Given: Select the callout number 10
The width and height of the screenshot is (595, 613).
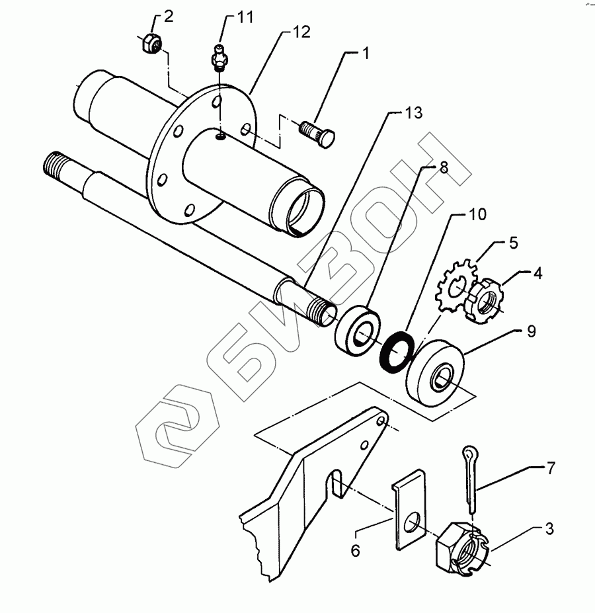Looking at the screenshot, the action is click(x=477, y=214).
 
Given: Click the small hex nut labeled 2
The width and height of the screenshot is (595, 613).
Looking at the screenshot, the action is click(x=150, y=43).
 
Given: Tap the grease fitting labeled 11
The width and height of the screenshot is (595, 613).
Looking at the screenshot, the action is click(x=219, y=57).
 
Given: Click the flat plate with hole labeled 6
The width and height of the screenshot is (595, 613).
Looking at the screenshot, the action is click(x=411, y=509).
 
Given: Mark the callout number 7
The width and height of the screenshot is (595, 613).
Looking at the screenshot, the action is click(x=550, y=469).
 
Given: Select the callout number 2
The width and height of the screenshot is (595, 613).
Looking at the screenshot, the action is click(x=169, y=17).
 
